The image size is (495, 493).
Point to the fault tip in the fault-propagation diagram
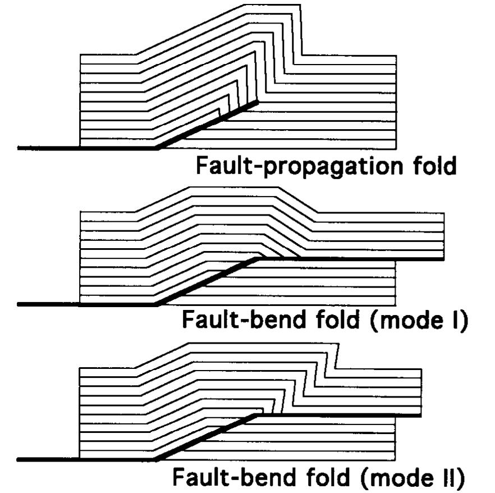click(x=258, y=102)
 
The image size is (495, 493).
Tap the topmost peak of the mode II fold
click(x=258, y=343)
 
